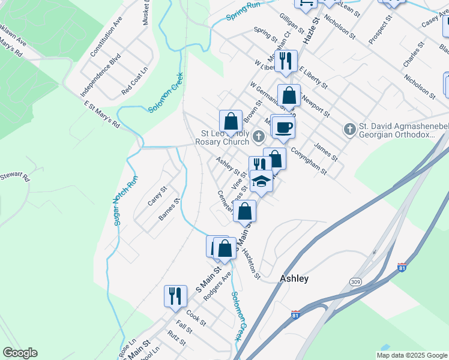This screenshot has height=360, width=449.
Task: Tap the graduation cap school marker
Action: pyautogui.click(x=261, y=181)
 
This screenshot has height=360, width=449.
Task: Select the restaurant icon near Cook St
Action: pyautogui.click(x=175, y=296)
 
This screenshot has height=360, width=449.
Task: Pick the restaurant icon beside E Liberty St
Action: pyautogui.click(x=285, y=61)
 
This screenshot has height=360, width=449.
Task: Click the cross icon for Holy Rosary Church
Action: pyautogui.click(x=259, y=136)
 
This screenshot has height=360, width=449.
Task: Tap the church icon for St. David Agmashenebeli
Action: pyautogui.click(x=350, y=129)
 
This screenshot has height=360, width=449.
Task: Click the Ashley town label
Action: pyautogui.click(x=294, y=278)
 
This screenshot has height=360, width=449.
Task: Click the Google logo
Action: pyautogui.click(x=20, y=353)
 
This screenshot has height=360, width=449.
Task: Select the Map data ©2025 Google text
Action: pyautogui.click(x=412, y=355)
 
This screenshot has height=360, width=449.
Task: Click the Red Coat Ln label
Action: pyautogui.click(x=134, y=82)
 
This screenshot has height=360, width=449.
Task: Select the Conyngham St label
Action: pyautogui.click(x=309, y=161)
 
